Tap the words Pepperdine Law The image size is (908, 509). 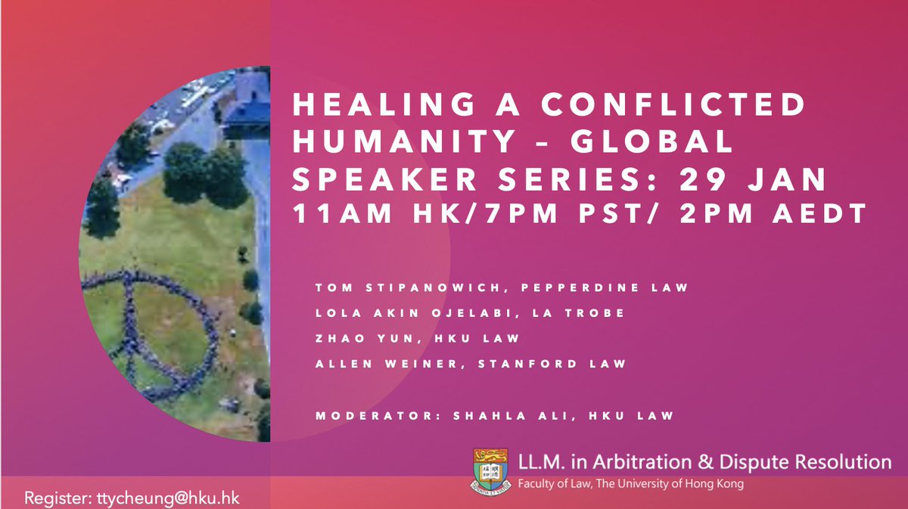click(x=577, y=287)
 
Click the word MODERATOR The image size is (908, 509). click(x=365, y=415)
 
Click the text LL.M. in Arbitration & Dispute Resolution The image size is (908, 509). click(x=704, y=462)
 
